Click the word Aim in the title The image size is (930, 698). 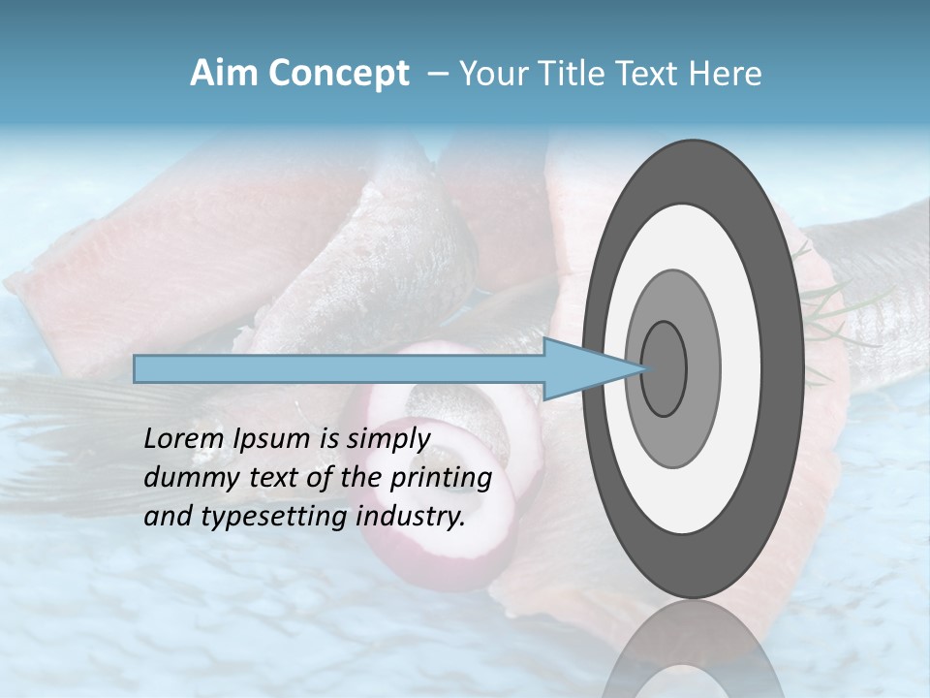(x=223, y=74)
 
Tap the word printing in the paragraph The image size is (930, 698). (x=440, y=478)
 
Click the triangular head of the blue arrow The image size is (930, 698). (x=581, y=368)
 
